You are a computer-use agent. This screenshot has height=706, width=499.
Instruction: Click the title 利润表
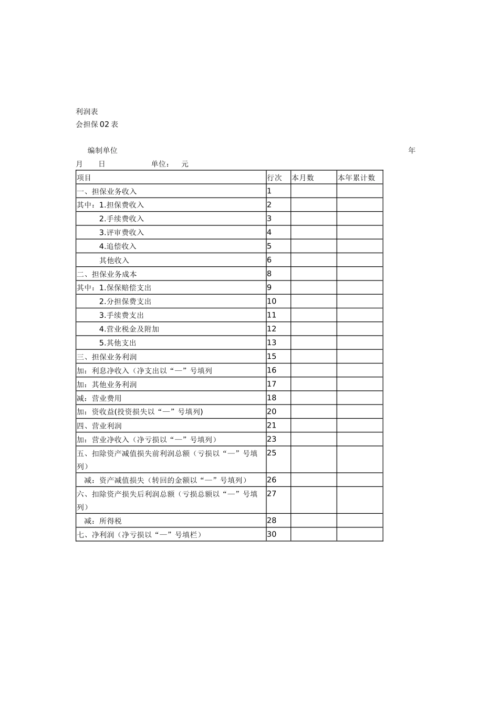[87, 111]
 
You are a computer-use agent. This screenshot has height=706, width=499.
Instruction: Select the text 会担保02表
[97, 124]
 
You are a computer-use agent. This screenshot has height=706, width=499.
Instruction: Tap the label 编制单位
[102, 150]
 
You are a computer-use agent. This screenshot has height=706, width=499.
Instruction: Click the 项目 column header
[84, 178]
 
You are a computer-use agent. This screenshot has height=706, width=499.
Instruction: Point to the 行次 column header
[275, 178]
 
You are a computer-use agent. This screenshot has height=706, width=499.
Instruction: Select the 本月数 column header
[303, 178]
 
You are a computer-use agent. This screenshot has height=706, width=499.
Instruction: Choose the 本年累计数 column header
[357, 178]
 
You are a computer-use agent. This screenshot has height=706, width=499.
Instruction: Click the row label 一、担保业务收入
[107, 191]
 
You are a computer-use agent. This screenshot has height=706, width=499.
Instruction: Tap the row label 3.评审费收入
[121, 232]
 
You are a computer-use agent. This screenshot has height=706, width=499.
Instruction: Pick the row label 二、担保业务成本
[107, 274]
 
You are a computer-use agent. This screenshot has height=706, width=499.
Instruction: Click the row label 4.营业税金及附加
[129, 329]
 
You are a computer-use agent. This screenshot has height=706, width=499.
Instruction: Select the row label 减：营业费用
[99, 398]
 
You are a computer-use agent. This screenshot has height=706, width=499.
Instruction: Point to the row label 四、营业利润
[99, 425]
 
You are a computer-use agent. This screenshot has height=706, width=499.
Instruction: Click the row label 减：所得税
[103, 521]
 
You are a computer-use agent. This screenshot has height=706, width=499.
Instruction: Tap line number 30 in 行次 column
[272, 534]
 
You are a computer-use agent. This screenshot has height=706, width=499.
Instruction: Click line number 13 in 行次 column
[272, 342]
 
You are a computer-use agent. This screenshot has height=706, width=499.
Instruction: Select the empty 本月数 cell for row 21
[314, 425]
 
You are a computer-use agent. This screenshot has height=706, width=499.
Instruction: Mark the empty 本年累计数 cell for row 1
[360, 191]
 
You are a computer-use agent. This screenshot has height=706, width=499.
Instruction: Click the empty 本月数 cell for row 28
[314, 521]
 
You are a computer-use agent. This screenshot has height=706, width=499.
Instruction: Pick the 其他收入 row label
[115, 260]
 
